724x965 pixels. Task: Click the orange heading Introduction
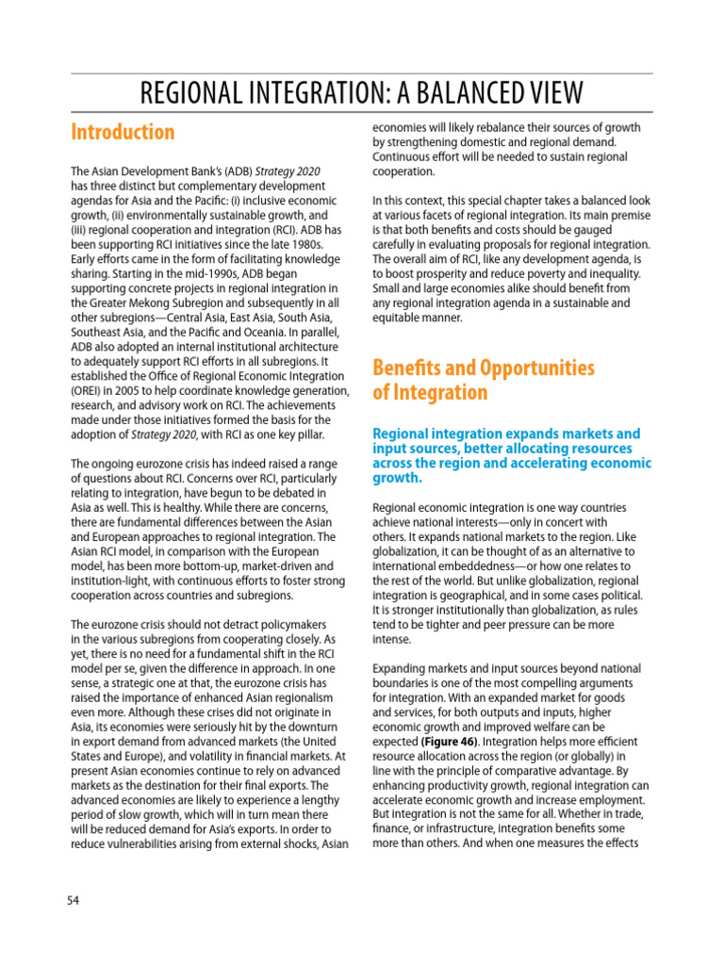click(123, 132)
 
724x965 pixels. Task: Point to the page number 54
click(73, 900)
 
